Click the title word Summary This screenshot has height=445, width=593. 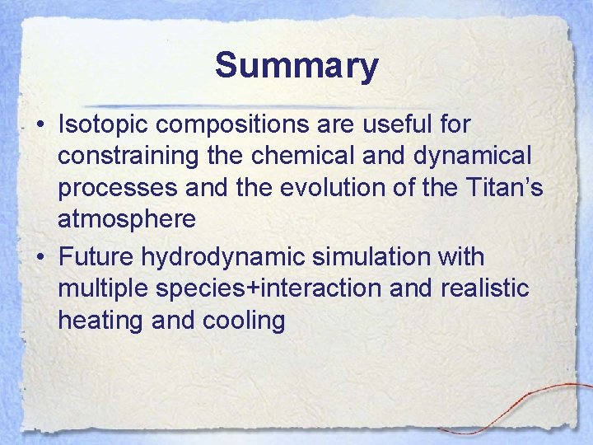(x=296, y=66)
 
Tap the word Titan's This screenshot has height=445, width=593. (x=501, y=188)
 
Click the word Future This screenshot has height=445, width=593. (x=96, y=257)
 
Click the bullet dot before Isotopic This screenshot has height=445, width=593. (x=40, y=125)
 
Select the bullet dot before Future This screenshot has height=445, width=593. (x=40, y=258)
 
